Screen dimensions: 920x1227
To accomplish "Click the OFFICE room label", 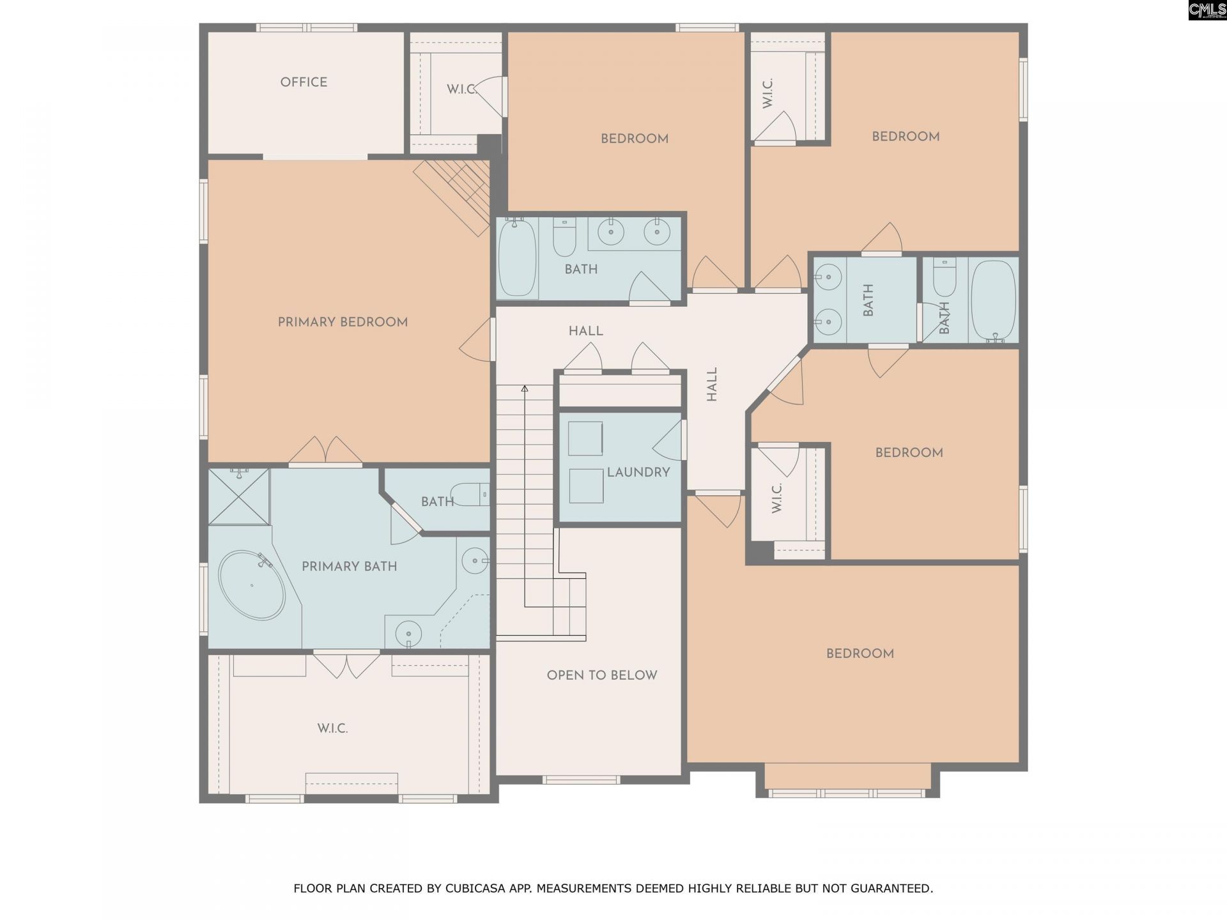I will pyautogui.click(x=304, y=82).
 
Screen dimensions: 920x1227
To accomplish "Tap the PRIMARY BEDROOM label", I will pyautogui.click(x=343, y=322).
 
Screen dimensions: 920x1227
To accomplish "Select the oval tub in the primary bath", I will pyautogui.click(x=252, y=585).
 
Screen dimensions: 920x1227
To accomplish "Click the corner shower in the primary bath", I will pyautogui.click(x=239, y=496).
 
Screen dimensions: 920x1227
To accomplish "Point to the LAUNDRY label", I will pyautogui.click(x=638, y=472).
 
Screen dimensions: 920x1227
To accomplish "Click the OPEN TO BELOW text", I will pyautogui.click(x=601, y=675).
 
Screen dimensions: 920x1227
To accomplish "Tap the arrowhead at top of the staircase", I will pyautogui.click(x=525, y=388).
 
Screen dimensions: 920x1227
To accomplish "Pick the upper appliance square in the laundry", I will pyautogui.click(x=585, y=438).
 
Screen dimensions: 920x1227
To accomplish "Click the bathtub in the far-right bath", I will pyautogui.click(x=992, y=300).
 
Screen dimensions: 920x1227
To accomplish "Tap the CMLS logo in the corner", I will pyautogui.click(x=1207, y=10).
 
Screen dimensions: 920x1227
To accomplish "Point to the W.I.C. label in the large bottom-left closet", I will pyautogui.click(x=332, y=728).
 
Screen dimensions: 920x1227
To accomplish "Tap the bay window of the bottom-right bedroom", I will pyautogui.click(x=847, y=793).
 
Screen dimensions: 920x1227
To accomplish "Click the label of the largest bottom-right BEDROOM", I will pyautogui.click(x=860, y=654).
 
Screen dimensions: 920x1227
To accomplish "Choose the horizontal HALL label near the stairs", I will pyautogui.click(x=585, y=331).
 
